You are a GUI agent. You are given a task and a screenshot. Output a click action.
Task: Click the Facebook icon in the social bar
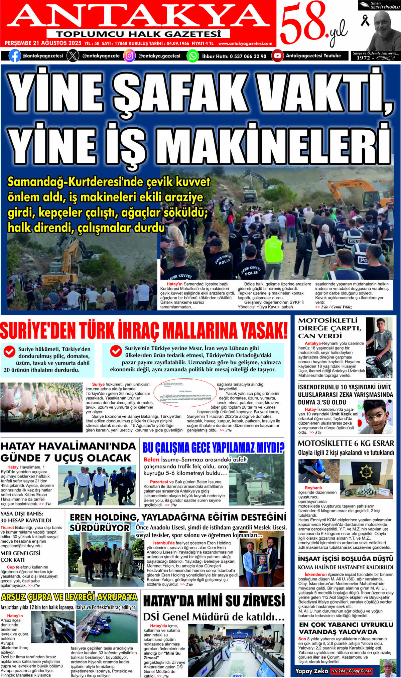[x=14, y=56]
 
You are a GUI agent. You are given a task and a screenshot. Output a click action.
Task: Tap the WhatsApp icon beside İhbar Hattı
[x=193, y=56]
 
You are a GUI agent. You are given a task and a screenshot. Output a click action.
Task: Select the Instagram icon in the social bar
[x=129, y=56]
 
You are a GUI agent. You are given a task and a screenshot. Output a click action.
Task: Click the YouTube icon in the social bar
[x=277, y=56]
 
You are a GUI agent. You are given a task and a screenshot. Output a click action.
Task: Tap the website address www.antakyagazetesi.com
[x=245, y=43]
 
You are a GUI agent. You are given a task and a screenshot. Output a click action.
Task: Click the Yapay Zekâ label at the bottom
[x=311, y=671]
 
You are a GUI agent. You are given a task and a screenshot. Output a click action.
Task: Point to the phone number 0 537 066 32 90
[x=248, y=56]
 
